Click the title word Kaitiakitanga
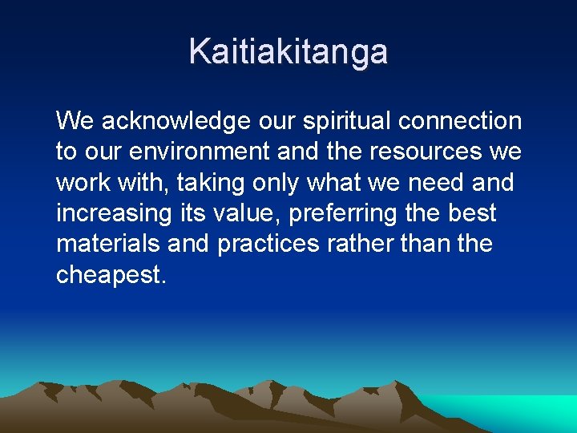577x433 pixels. coord(288,51)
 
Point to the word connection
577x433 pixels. coord(460,122)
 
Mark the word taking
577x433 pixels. coord(209,183)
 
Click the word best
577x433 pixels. coord(473,213)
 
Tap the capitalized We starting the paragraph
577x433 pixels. coord(75,122)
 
